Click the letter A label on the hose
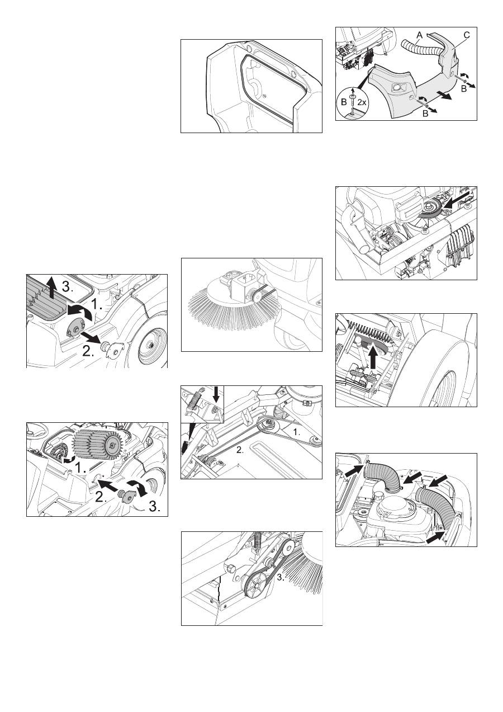pyautogui.click(x=420, y=35)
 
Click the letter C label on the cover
pyautogui.click(x=466, y=35)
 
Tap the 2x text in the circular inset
pyautogui.click(x=362, y=102)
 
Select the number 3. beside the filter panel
pyautogui.click(x=67, y=287)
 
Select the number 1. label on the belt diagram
pyautogui.click(x=296, y=432)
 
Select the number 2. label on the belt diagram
pyautogui.click(x=240, y=450)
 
